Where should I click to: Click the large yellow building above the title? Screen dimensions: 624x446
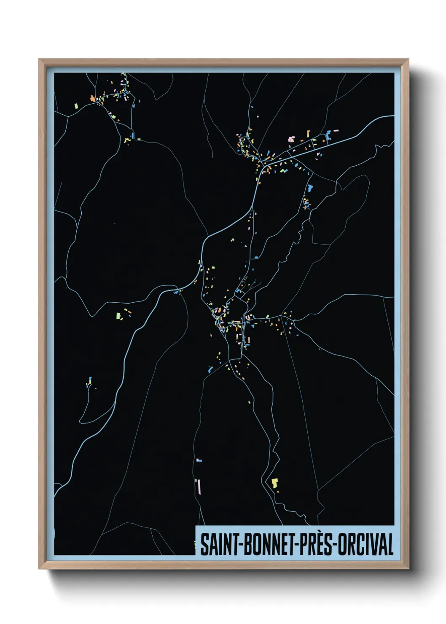pyautogui.click(x=275, y=482)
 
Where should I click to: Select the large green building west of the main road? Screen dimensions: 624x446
pyautogui.click(x=119, y=315)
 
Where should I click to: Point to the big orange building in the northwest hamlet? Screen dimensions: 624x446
pyautogui.click(x=92, y=99)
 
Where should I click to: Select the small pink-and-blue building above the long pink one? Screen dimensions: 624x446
pyautogui.click(x=199, y=460)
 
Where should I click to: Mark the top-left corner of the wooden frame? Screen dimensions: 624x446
pyautogui.click(x=39, y=59)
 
